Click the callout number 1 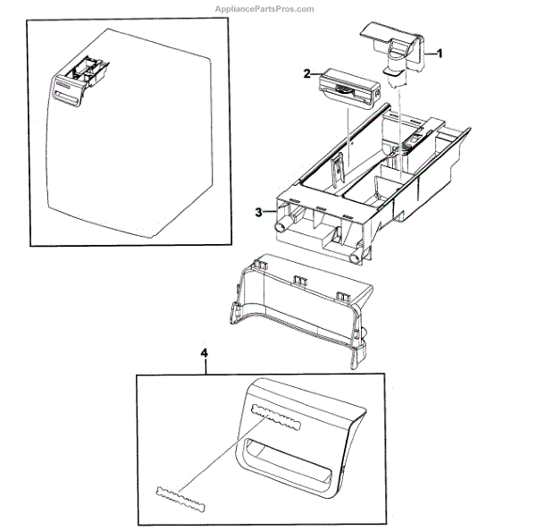pyautogui.click(x=439, y=54)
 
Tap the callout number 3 pyautogui.click(x=258, y=212)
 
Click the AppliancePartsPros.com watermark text pyautogui.click(x=264, y=8)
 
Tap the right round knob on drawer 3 pyautogui.click(x=356, y=257)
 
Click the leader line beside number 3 pyautogui.click(x=271, y=213)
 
